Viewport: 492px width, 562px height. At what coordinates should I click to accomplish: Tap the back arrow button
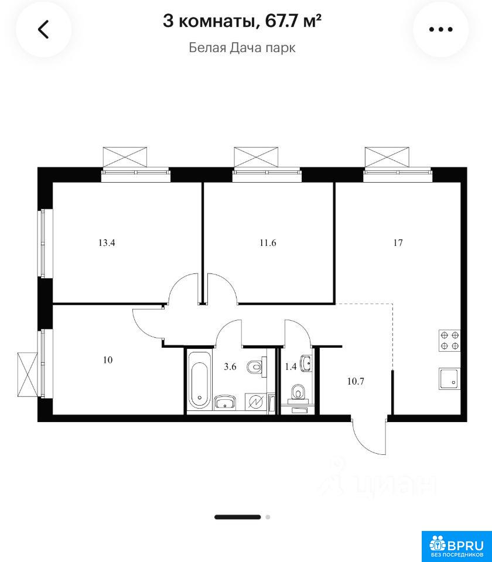[x=43, y=29]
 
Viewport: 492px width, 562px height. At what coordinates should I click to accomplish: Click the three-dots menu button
[x=440, y=29]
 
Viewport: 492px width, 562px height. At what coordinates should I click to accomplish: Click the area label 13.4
[x=107, y=242]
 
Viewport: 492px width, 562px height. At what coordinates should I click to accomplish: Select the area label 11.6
[x=268, y=242]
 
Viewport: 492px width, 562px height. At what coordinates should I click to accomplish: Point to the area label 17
[x=398, y=242]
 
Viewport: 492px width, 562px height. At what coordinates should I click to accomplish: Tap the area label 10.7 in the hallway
[x=356, y=381]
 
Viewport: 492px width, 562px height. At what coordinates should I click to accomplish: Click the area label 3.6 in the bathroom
[x=230, y=366]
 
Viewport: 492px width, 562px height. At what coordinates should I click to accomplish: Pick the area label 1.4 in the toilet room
[x=291, y=366]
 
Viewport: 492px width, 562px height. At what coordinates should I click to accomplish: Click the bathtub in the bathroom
[x=199, y=380]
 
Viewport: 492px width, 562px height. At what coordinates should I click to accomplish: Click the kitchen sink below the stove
[x=449, y=379]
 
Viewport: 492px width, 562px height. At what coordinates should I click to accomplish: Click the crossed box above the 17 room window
[x=387, y=157]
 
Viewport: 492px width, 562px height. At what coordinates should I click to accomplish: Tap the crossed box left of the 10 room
[x=28, y=375]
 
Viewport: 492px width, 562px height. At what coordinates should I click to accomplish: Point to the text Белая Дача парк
[x=242, y=47]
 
